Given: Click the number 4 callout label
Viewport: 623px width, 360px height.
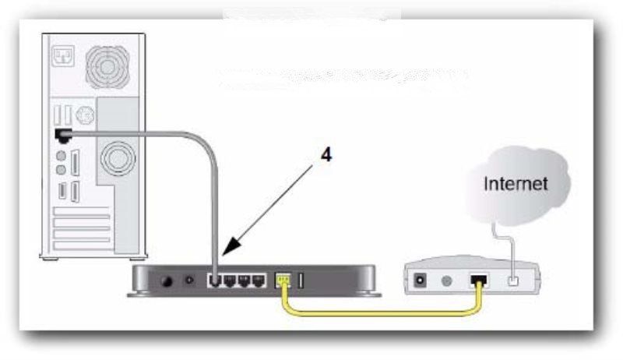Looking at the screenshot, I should [x=326, y=155].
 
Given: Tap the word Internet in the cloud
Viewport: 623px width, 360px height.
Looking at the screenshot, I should [x=516, y=185].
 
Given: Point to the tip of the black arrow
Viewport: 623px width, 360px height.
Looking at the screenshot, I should [x=224, y=257].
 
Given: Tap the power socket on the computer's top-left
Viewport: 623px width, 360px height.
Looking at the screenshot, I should [x=61, y=55].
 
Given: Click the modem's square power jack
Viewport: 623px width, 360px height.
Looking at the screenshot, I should [x=422, y=277].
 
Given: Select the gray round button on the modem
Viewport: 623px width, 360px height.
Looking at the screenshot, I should [x=447, y=277].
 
